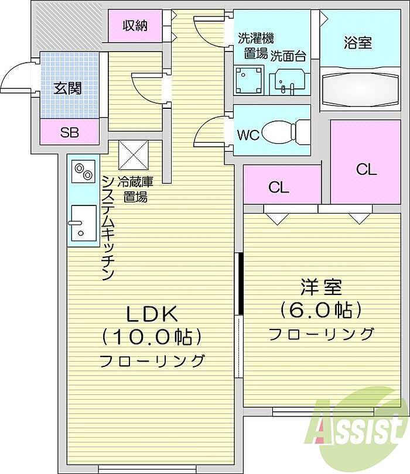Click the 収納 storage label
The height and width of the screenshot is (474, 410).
pyautogui.click(x=135, y=26)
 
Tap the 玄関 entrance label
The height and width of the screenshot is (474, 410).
pyautogui.click(x=67, y=88)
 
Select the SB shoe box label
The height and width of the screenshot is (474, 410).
pyautogui.click(x=70, y=132)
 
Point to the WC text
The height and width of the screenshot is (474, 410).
pyautogui.click(x=248, y=135)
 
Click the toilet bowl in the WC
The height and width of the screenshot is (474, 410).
pyautogui.click(x=285, y=131)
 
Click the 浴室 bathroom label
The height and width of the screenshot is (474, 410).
pyautogui.click(x=357, y=43)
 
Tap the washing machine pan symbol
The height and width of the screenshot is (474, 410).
pyautogui.click(x=248, y=80)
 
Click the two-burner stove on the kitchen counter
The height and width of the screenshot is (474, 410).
pyautogui.click(x=84, y=171)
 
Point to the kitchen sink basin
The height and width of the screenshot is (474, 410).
pyautogui.click(x=84, y=223)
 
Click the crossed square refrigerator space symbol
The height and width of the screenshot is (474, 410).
pyautogui.click(x=134, y=154)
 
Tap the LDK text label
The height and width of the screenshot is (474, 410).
pyautogui.click(x=151, y=314)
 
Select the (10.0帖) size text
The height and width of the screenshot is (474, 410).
pyautogui.click(x=151, y=336)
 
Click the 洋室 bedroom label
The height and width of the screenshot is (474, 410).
pyautogui.click(x=321, y=287)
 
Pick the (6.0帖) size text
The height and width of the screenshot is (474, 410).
pyautogui.click(x=321, y=310)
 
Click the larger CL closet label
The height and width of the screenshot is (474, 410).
pyautogui.click(x=366, y=170)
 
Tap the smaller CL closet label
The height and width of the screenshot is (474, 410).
pyautogui.click(x=279, y=187)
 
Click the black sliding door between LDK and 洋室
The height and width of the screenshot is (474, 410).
pyautogui.click(x=241, y=284)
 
